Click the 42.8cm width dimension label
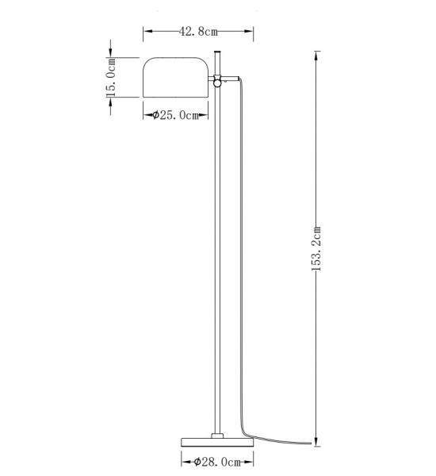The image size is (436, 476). pos(198,32)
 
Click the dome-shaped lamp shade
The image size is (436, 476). pos(176,79)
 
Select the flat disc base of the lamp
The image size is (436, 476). pos(216,441)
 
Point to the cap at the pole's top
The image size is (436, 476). pos(216,54)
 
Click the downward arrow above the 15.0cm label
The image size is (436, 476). pos(112,56)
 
